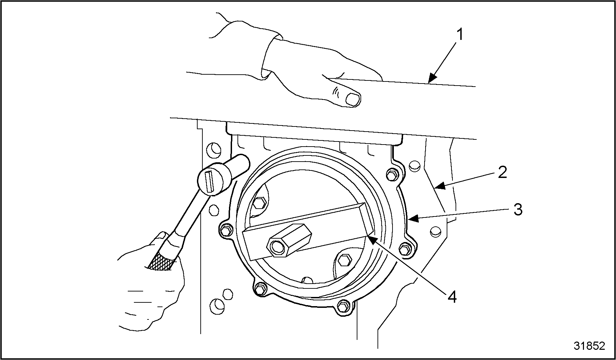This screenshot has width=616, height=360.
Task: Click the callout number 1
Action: (x=460, y=35)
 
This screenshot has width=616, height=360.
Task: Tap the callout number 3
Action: (x=518, y=210)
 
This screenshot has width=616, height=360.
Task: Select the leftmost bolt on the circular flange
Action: (x=225, y=230)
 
